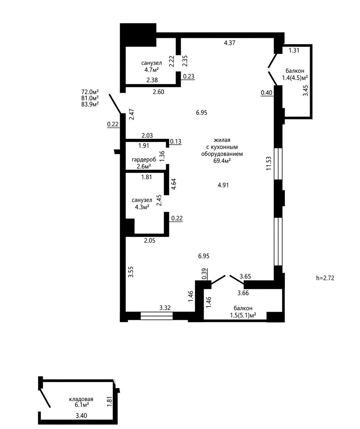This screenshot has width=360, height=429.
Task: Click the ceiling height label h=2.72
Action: tap(325, 278)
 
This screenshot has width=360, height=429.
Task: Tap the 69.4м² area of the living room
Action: tap(222, 161)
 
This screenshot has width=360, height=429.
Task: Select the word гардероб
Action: tap(144, 160)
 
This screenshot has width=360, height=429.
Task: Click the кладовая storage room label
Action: tap(81, 399)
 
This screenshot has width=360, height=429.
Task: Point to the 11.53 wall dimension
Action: tap(269, 163)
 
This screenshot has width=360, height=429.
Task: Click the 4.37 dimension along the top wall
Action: tap(230, 43)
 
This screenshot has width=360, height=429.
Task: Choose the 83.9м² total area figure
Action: tap(90, 104)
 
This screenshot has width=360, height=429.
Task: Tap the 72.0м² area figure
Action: tap(90, 92)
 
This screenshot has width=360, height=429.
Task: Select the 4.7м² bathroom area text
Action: tap(152, 70)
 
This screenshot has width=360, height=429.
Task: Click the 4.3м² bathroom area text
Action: tap(142, 207)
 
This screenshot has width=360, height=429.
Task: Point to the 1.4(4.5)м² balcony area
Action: tap(295, 78)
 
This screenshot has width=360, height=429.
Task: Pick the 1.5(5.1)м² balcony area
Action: tap(243, 315)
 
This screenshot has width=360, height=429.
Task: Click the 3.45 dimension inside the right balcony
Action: tap(305, 90)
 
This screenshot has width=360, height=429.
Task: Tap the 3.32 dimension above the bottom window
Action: tap(165, 308)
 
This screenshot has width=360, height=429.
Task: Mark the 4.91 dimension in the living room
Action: tap(223, 185)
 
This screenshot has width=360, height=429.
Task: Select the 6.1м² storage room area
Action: tap(82, 405)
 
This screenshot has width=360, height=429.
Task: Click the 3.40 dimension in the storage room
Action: tap(81, 416)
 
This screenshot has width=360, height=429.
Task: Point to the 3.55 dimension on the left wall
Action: tap(131, 272)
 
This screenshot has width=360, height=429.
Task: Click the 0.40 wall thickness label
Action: tap(267, 93)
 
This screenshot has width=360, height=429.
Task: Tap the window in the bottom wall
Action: tap(157, 316)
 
